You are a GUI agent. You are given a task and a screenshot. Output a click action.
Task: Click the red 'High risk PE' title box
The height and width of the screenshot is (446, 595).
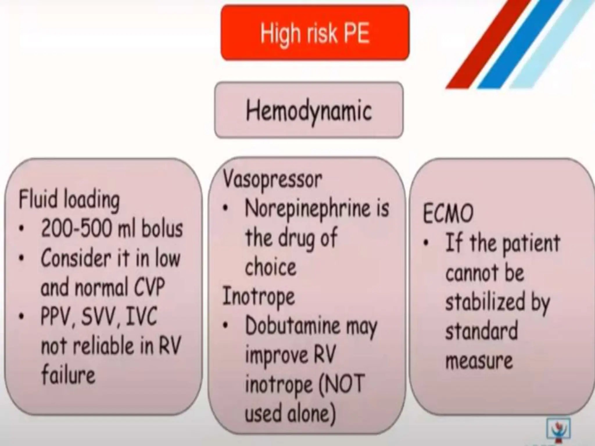(x=315, y=33)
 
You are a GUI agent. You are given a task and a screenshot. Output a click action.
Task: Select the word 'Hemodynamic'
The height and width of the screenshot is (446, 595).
(x=309, y=111)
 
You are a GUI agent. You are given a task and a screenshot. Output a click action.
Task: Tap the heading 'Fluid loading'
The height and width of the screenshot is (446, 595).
(x=69, y=200)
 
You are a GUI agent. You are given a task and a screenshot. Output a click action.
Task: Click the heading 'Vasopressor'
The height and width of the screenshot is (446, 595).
(x=273, y=179)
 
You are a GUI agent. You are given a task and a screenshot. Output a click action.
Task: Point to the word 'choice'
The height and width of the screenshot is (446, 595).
(x=270, y=267)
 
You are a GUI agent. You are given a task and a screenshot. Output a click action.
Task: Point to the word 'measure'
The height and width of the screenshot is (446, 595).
(x=479, y=361)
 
